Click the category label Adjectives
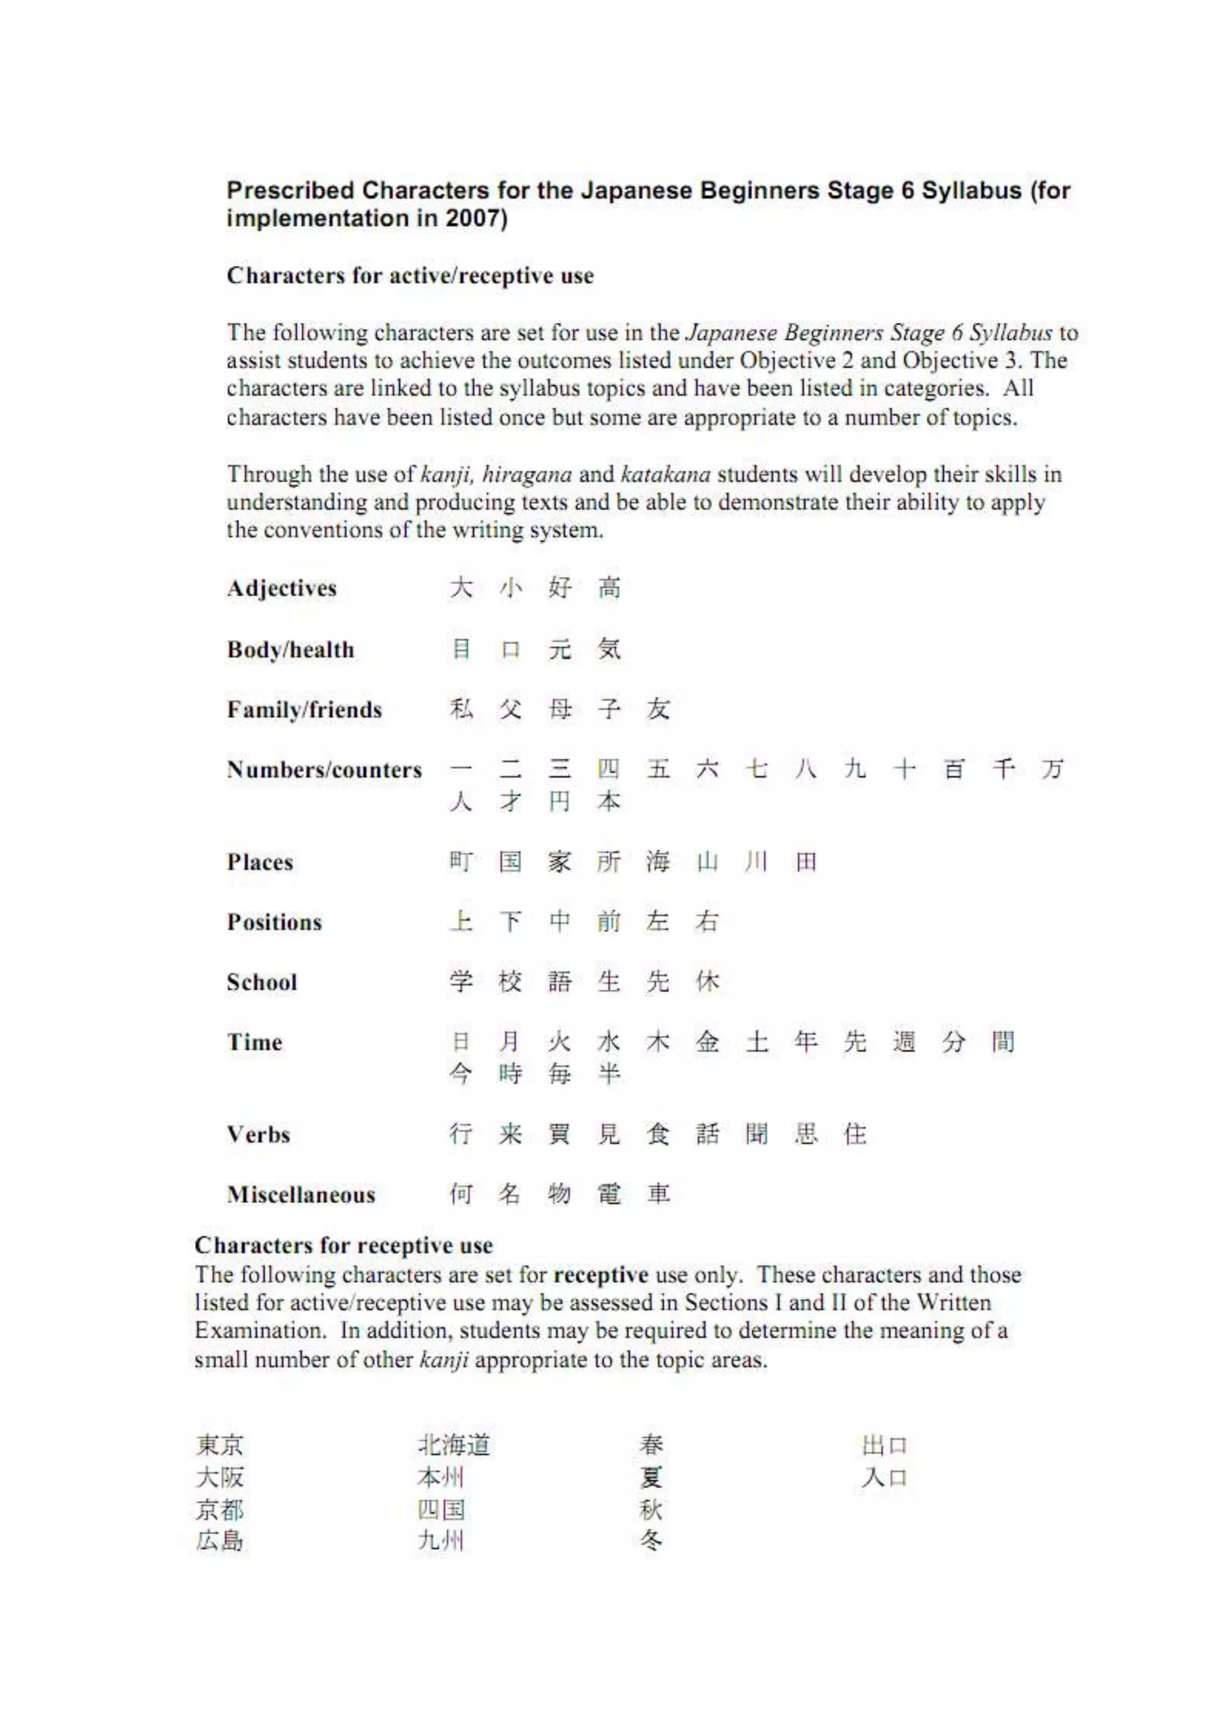(282, 588)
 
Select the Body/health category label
(291, 649)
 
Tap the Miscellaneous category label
(301, 1194)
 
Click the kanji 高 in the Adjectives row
(609, 587)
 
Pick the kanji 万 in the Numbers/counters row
(1052, 769)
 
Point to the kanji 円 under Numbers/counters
(560, 801)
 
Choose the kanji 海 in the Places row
(657, 861)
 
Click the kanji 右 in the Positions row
(706, 921)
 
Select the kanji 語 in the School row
(560, 982)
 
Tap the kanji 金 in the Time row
(706, 1041)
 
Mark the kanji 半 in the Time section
(609, 1073)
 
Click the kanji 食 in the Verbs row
(657, 1133)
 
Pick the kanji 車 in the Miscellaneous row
(658, 1193)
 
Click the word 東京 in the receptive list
(220, 1445)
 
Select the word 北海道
(454, 1445)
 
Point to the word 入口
(884, 1478)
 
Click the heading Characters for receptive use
(343, 1245)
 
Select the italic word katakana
(666, 475)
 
